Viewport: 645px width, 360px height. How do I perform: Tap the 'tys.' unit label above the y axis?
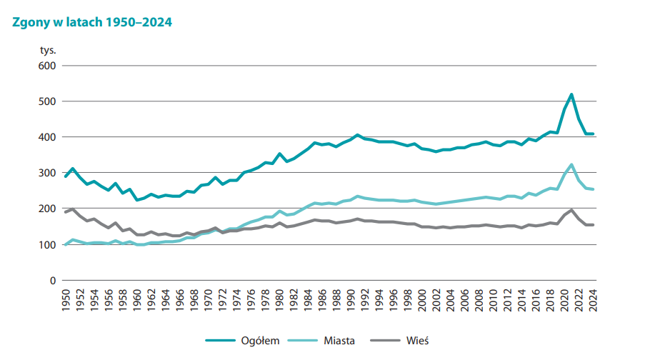point(47,51)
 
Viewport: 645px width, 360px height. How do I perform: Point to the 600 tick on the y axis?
point(47,66)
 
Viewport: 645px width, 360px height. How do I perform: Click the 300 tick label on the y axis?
point(47,173)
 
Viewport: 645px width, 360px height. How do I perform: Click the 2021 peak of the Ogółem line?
point(571,94)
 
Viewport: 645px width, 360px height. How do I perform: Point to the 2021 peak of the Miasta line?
point(571,165)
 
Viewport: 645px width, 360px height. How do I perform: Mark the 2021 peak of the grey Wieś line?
point(571,210)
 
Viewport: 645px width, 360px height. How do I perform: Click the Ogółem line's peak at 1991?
point(358,135)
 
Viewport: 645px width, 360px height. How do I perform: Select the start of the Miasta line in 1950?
point(66,244)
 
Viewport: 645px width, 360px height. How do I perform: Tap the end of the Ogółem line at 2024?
point(593,134)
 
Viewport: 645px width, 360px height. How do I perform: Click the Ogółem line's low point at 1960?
point(137,200)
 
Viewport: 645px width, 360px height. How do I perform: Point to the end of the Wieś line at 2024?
point(593,225)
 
